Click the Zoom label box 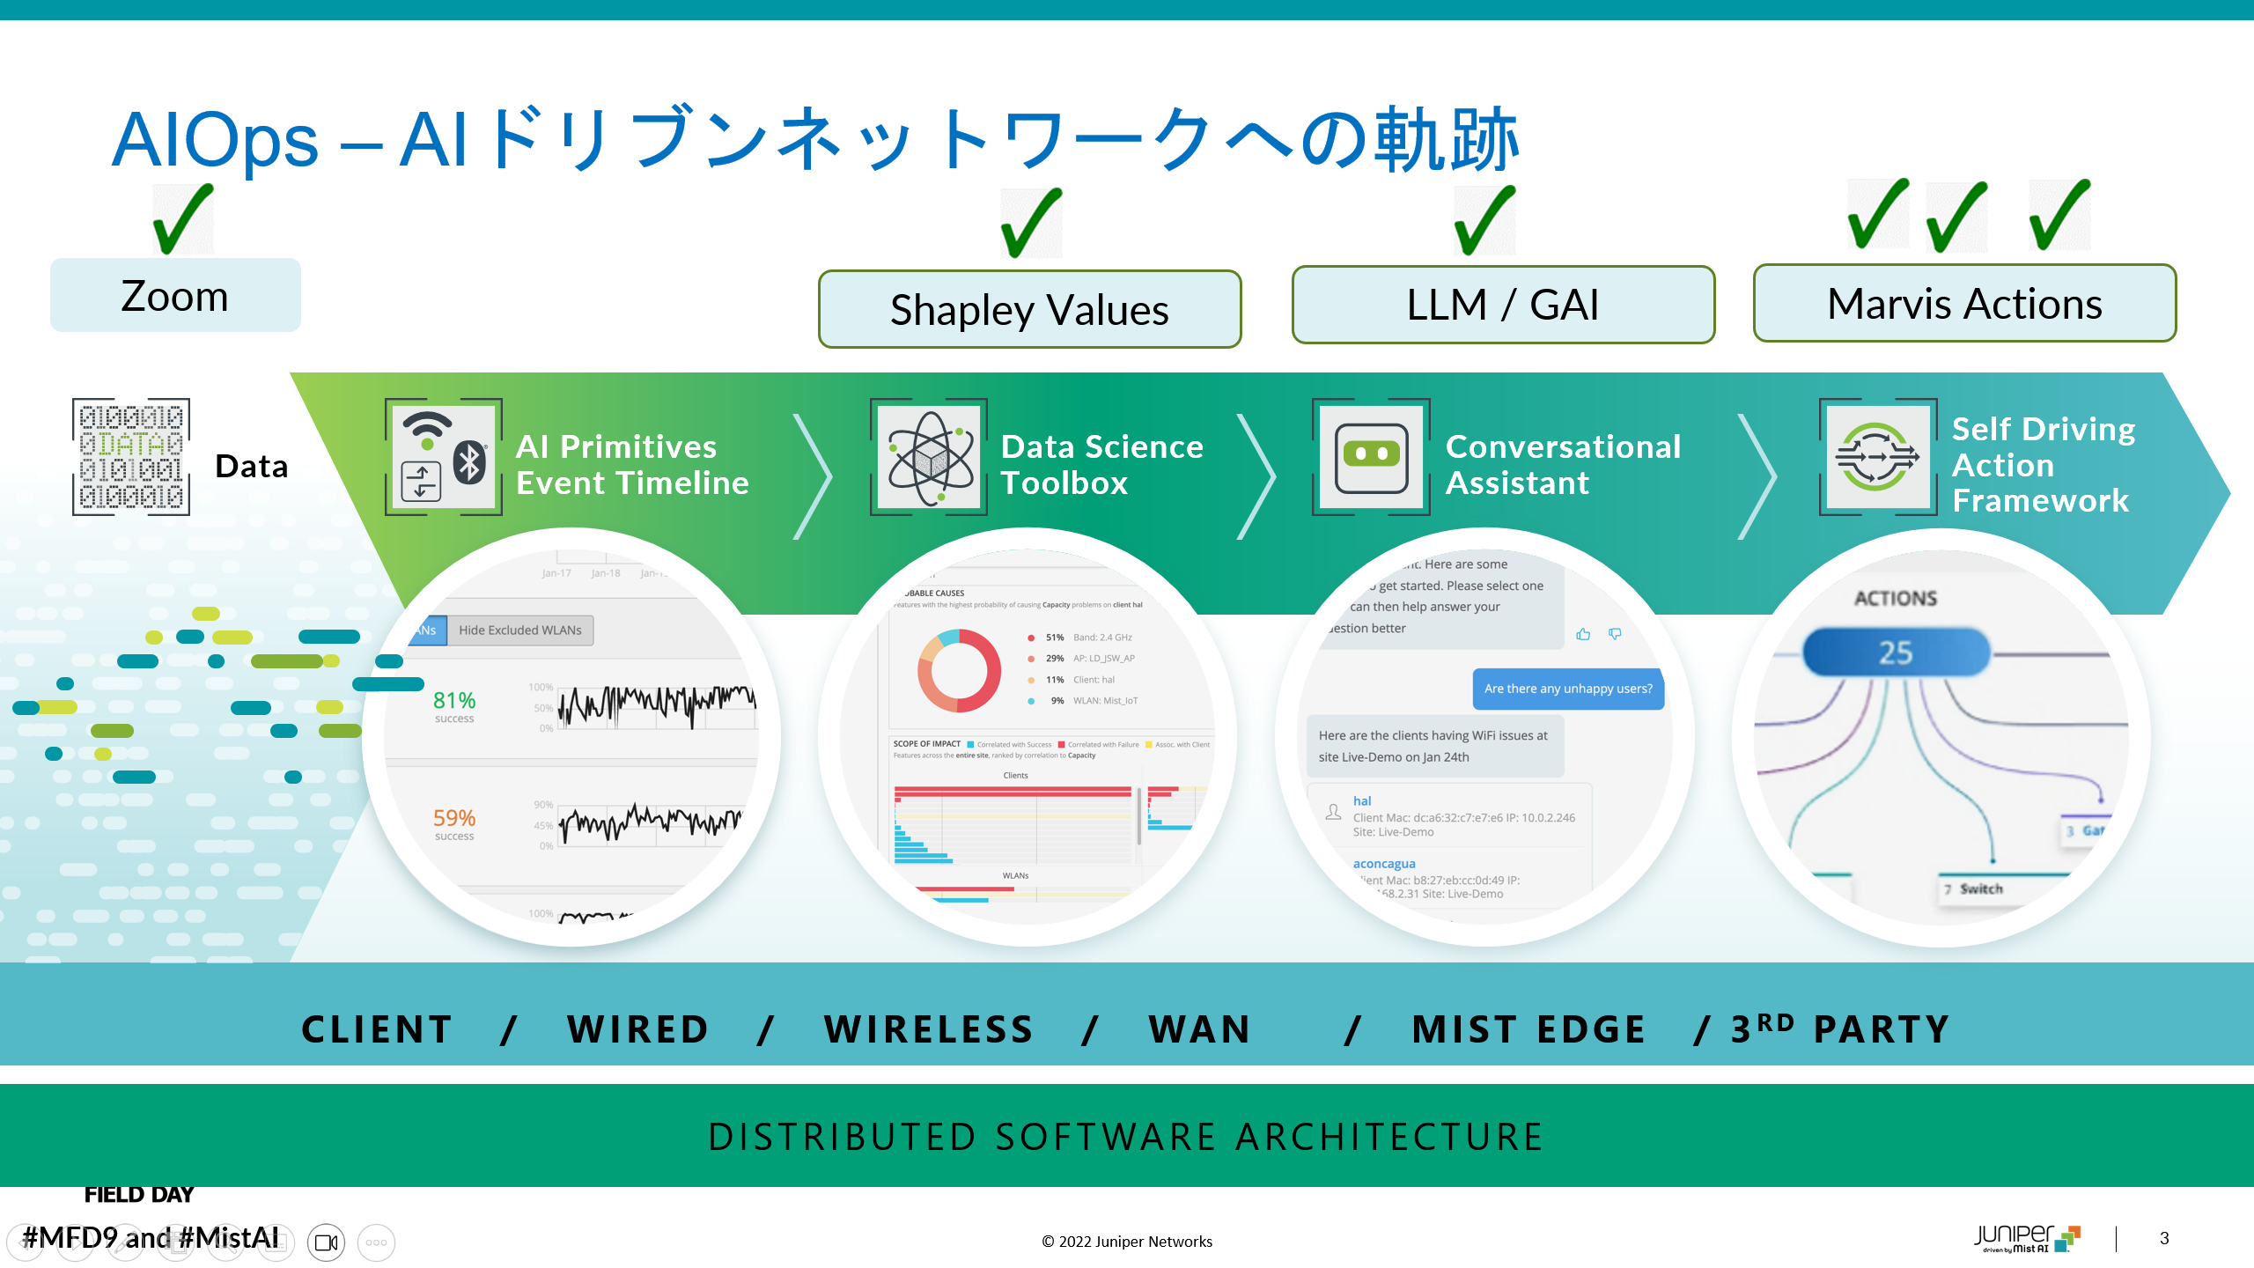pos(175,296)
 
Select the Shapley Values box pos(1029,309)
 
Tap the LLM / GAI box pos(1503,305)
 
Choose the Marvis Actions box pos(1964,304)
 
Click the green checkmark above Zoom pos(182,218)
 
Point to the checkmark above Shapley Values pos(1031,222)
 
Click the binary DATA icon pos(131,457)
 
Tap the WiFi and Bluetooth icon pos(444,457)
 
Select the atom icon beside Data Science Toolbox pos(930,457)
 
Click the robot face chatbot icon pos(1371,457)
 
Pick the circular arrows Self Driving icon pos(1877,457)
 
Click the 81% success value pos(454,701)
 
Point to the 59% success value pos(454,819)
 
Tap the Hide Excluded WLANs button pos(519,630)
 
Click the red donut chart pos(960,671)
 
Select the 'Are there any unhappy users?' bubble pos(1568,689)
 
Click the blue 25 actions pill pos(1896,652)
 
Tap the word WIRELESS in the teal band pos(929,1029)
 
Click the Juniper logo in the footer pos(2026,1237)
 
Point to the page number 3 pos(2164,1238)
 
